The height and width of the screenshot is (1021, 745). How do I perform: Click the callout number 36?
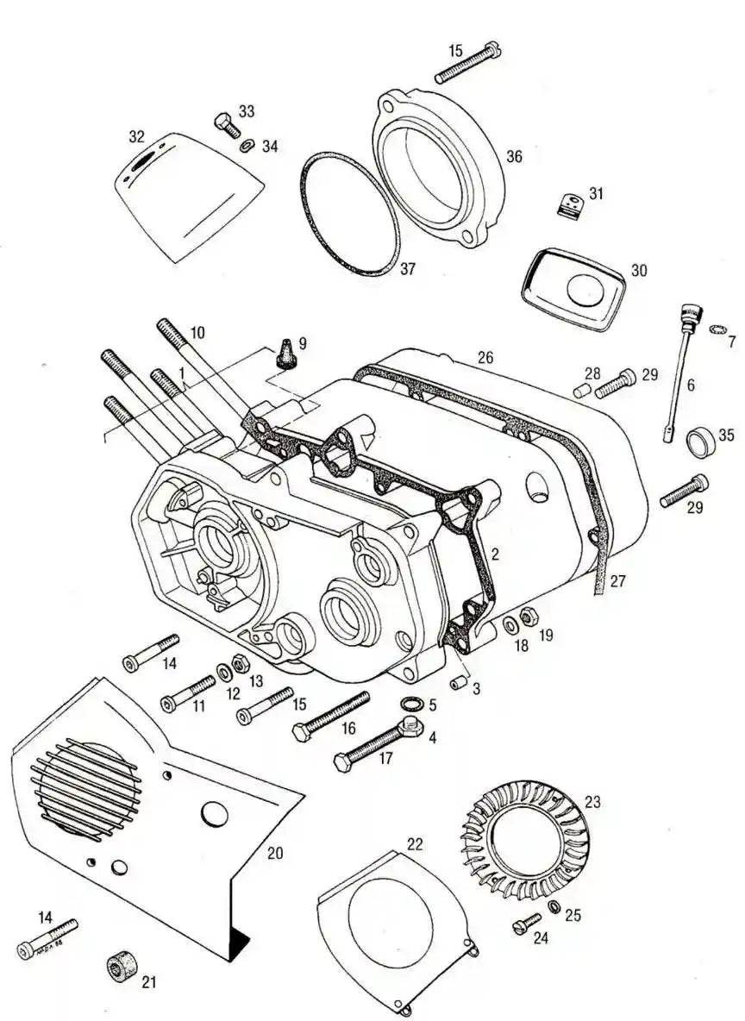pos(514,157)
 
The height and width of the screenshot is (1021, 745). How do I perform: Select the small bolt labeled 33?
pos(226,125)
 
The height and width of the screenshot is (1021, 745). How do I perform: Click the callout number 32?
pos(136,136)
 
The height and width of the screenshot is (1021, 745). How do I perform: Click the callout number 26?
pos(485,357)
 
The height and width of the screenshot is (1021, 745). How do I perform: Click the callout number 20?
pos(275,853)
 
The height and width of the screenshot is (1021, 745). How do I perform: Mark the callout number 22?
pos(415,843)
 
